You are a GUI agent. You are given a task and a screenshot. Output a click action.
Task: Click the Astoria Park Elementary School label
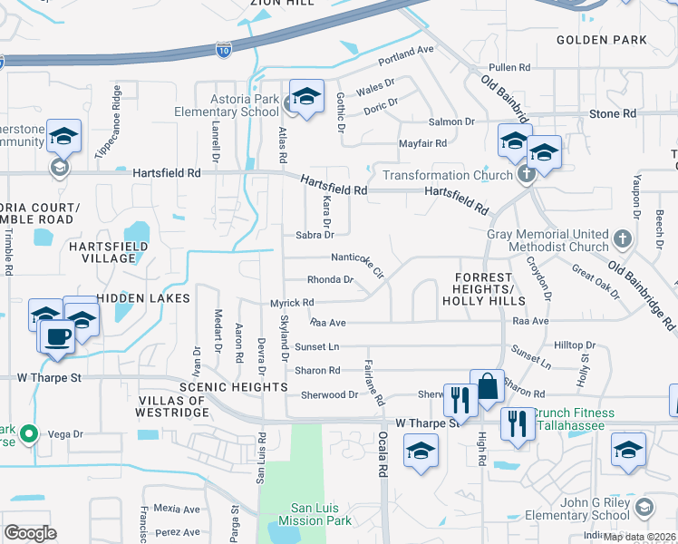228,105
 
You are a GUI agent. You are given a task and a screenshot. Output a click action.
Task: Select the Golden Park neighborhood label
601,40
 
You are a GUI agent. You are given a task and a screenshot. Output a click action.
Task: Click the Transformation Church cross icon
525,175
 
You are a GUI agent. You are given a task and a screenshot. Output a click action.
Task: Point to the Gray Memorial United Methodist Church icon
622,239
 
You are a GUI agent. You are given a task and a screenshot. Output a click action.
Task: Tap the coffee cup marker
59,335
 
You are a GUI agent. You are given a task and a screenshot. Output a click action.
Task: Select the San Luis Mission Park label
321,515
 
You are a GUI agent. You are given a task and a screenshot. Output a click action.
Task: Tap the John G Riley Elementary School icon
644,505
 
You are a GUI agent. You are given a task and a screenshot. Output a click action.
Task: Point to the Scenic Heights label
233,387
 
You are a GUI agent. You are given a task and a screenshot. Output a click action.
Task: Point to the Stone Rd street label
613,114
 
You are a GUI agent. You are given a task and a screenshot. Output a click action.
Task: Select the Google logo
30,532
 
